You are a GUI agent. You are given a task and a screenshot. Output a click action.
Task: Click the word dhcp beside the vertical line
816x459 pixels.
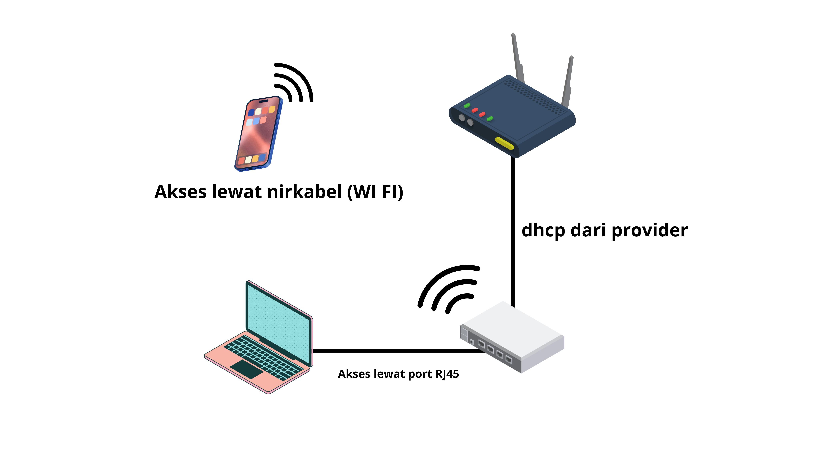(x=543, y=230)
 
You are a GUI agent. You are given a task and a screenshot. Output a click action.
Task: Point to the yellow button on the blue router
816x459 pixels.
(x=504, y=143)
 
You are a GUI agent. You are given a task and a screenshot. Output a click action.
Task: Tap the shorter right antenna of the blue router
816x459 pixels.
(x=568, y=81)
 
